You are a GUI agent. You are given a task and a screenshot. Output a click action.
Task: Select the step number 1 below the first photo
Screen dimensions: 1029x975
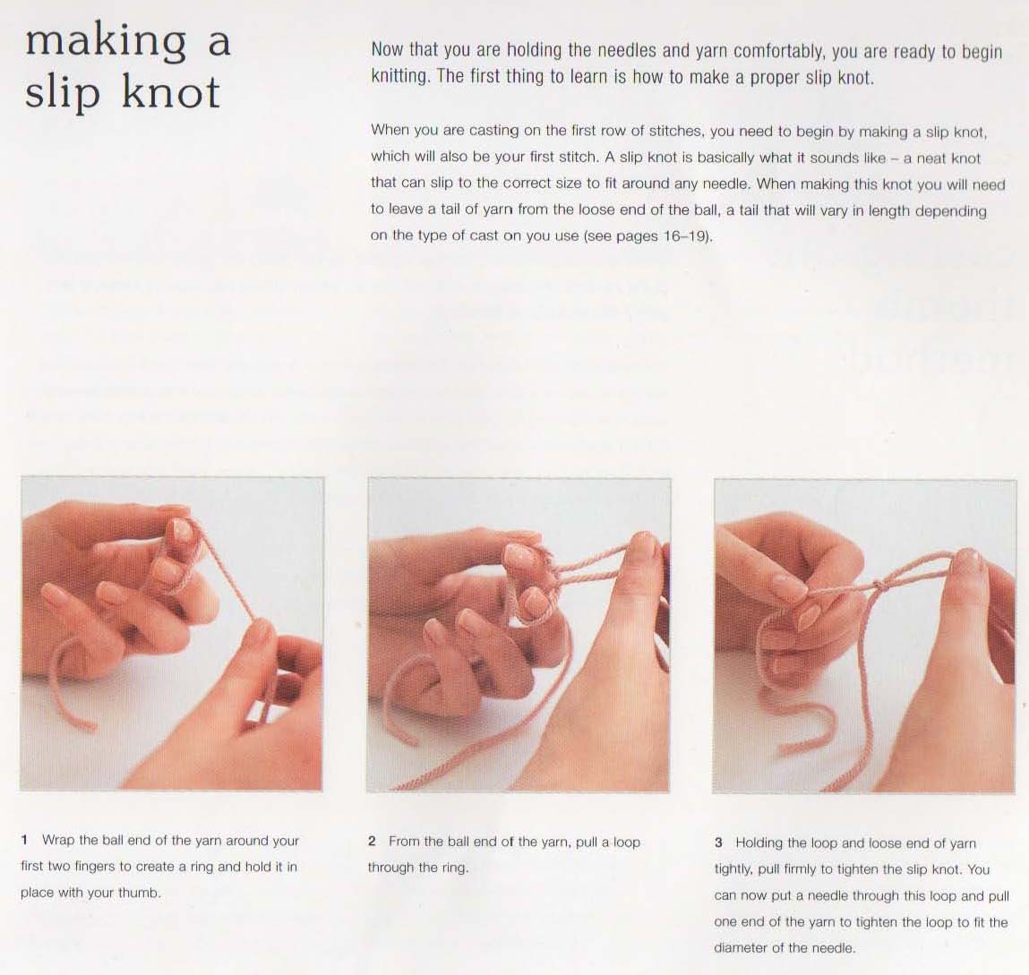coord(24,840)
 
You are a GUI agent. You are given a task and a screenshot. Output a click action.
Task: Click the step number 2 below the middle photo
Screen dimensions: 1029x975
coord(372,842)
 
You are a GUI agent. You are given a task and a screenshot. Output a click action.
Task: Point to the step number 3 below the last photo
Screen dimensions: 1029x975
coord(718,842)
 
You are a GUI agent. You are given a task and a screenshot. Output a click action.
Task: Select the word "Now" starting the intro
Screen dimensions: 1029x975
coord(387,50)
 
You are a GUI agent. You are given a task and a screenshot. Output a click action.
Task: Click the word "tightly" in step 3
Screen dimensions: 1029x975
coord(733,869)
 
